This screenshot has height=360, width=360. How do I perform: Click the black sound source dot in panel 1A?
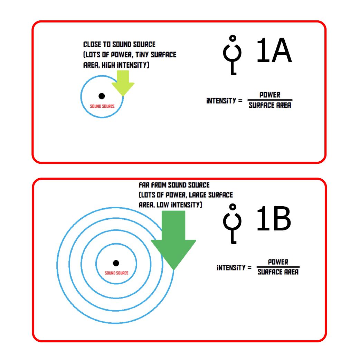pos(102,96)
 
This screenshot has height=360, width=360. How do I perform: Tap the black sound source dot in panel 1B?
pos(116,263)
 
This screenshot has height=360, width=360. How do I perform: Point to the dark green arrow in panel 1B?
pos(173,240)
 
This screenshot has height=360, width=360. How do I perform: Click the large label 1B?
pos(274,218)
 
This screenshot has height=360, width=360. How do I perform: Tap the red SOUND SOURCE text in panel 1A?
pos(102,106)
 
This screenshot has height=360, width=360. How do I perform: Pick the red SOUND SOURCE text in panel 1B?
pos(116,273)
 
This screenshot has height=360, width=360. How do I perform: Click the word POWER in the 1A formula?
pos(270,95)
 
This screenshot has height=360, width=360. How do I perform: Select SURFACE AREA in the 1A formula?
pos(270,105)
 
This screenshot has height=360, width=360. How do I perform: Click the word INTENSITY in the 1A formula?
pos(221,101)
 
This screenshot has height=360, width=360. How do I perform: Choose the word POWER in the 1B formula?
pos(278,262)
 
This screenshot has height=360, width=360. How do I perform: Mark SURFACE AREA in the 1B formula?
pos(278,272)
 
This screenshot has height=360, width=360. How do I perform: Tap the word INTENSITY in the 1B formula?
pos(231,268)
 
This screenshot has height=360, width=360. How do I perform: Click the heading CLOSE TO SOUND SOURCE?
pos(120,44)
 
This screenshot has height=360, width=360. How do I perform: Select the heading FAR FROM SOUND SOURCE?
pos(174,185)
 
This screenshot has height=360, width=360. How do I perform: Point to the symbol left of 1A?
pos(233,55)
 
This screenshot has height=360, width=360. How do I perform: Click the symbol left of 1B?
pos(233,224)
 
